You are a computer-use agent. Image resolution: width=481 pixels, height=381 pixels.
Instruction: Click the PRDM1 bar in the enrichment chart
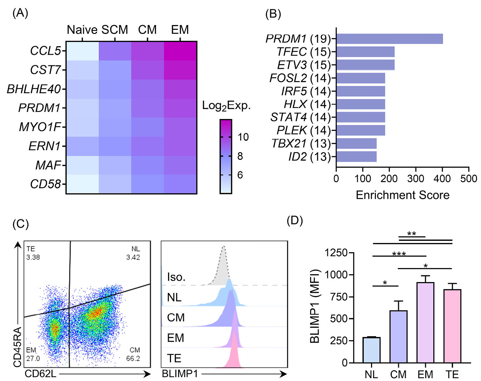tap(389, 39)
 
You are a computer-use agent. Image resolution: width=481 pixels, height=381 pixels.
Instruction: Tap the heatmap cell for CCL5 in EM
tap(180, 51)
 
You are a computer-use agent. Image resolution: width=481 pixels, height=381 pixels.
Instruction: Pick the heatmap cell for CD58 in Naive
tap(82, 184)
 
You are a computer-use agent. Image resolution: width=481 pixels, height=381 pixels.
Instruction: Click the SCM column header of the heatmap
tap(115, 30)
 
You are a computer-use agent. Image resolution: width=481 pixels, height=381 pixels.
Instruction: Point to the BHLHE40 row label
tap(34, 89)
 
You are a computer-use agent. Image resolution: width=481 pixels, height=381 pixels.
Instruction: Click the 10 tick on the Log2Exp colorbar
tap(243, 137)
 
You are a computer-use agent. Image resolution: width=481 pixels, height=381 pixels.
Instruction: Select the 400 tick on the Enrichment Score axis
tap(442, 178)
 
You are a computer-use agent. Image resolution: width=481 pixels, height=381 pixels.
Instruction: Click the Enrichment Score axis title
tap(402, 195)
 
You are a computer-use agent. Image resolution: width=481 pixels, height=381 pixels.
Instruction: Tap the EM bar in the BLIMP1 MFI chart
tap(425, 323)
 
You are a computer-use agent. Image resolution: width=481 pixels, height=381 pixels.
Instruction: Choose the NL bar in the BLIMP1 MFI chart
tap(371, 350)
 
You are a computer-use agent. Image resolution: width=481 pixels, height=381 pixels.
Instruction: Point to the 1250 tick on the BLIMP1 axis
tap(336, 253)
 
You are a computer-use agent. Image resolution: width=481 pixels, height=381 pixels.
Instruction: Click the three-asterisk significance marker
tap(399, 254)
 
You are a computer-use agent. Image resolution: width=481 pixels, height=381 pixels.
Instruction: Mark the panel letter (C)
tap(20, 224)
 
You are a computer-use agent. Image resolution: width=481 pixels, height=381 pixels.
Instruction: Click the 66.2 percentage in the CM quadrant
tap(133, 358)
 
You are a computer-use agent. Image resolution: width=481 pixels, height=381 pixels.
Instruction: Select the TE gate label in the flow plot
tap(31, 249)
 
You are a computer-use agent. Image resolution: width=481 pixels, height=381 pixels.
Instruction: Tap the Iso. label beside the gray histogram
tap(176, 277)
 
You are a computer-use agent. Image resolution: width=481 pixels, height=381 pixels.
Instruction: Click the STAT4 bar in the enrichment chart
tap(361, 117)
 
